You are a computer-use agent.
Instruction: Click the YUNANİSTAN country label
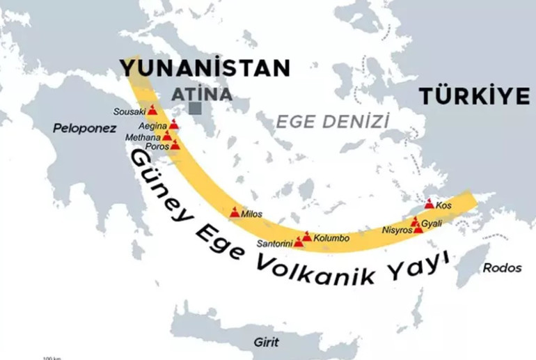point(204,68)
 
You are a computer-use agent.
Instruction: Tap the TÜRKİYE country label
point(474,97)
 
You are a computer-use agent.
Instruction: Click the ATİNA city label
point(203,93)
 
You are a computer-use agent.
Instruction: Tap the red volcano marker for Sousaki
point(152,110)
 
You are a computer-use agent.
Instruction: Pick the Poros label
point(155,146)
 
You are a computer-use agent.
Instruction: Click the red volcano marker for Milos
point(235,212)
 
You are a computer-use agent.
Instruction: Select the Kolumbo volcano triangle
point(307,236)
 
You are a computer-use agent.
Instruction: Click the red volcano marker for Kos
point(429,204)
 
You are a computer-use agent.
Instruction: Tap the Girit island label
point(266,343)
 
